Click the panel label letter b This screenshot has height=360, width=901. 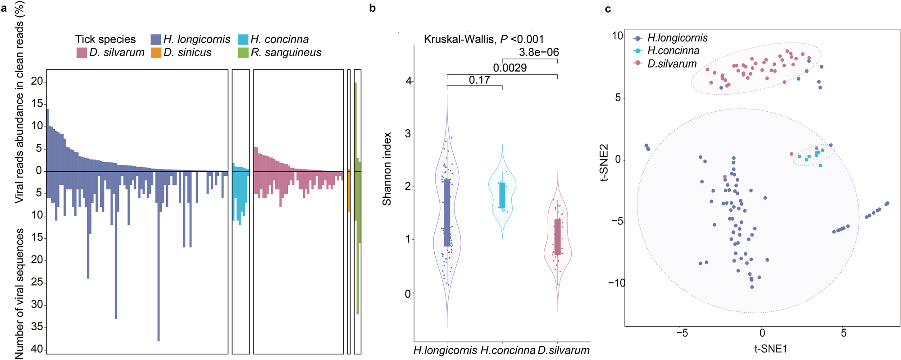pyautogui.click(x=372, y=8)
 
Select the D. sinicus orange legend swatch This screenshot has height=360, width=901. pyautogui.click(x=156, y=53)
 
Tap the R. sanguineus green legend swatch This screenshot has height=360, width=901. pyautogui.click(x=243, y=53)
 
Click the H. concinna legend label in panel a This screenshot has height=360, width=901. pyautogui.click(x=279, y=40)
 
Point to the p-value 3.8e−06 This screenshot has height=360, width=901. pyautogui.click(x=539, y=52)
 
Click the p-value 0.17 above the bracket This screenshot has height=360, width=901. pyautogui.click(x=479, y=80)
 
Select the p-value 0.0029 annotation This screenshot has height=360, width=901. pyautogui.click(x=510, y=68)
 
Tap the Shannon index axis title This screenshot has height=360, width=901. pyautogui.click(x=387, y=169)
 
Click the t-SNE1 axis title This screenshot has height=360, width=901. pyautogui.click(x=771, y=348)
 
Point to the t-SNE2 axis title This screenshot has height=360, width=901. pyautogui.click(x=604, y=162)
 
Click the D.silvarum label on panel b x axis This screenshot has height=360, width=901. pyautogui.click(x=564, y=350)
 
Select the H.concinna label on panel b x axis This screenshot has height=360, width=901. pyautogui.click(x=508, y=350)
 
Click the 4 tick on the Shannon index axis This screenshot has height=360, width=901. pyautogui.click(x=409, y=81)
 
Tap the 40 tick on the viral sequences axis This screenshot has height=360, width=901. pyautogui.click(x=37, y=349)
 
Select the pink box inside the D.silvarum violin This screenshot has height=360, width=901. pyautogui.click(x=557, y=237)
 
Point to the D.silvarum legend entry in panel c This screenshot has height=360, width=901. pyautogui.click(x=672, y=64)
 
